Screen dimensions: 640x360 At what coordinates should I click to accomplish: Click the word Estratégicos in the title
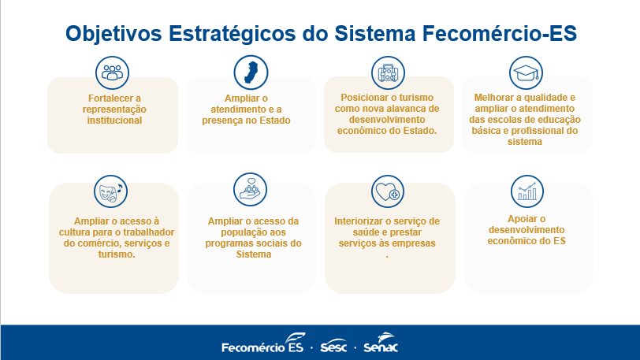point(233,33)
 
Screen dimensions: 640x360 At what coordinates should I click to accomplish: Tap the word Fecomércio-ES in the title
point(499,33)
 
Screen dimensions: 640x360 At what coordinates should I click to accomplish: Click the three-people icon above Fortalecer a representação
point(112,72)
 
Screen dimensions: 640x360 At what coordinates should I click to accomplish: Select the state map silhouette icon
point(251,72)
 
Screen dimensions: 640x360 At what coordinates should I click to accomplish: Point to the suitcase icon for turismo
point(388,73)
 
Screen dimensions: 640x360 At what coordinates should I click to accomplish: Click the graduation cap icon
point(527,73)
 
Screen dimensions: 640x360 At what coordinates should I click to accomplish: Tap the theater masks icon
point(110,191)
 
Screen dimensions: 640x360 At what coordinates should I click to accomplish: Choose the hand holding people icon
point(250,190)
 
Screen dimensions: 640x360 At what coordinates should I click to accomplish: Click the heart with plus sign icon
point(388,191)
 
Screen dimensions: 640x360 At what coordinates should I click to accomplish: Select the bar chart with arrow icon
point(527,191)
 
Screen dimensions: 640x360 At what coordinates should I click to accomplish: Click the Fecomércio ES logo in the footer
point(263,343)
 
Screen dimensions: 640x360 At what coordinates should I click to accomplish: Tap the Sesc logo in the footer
point(333,346)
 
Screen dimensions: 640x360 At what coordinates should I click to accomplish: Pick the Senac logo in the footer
point(381,343)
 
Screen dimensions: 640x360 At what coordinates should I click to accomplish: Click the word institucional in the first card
point(114,121)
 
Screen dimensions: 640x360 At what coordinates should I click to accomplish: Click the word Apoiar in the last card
point(521,219)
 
